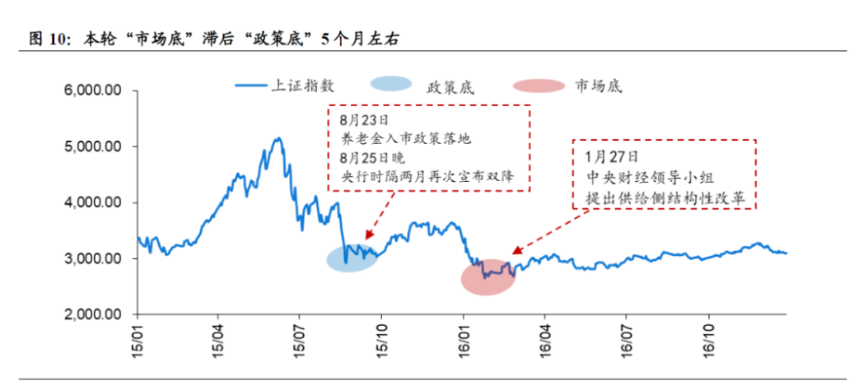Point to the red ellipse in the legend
[539, 85]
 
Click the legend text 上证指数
[304, 84]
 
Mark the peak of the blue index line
[278, 138]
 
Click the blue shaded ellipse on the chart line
[352, 257]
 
